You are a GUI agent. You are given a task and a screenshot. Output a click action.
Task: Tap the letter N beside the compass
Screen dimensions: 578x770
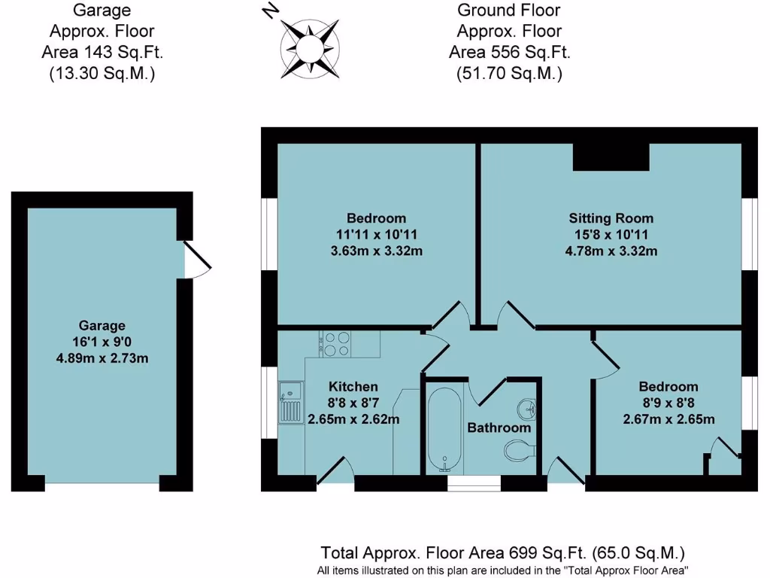tap(270, 11)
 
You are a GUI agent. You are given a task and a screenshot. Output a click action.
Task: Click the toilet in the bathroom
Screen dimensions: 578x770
tap(518, 452)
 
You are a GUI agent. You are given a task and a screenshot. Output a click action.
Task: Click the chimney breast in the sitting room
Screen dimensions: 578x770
tap(611, 157)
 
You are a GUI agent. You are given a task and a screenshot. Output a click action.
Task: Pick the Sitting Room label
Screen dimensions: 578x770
tap(611, 218)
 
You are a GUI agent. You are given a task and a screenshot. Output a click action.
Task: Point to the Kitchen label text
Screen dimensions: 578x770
tap(353, 387)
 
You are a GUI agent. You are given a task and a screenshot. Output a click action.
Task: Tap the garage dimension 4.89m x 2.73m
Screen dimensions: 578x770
tap(102, 358)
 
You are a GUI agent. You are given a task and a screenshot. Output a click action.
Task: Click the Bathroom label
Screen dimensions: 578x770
tap(499, 427)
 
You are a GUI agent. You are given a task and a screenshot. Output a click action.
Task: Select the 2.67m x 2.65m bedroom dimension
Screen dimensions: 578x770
tap(668, 419)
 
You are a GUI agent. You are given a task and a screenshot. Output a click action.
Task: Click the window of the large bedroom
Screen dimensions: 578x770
tap(269, 233)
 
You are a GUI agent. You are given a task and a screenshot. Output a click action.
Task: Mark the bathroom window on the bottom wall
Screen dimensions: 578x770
tap(474, 482)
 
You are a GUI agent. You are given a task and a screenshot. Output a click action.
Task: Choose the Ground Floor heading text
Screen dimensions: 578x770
tap(509, 11)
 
